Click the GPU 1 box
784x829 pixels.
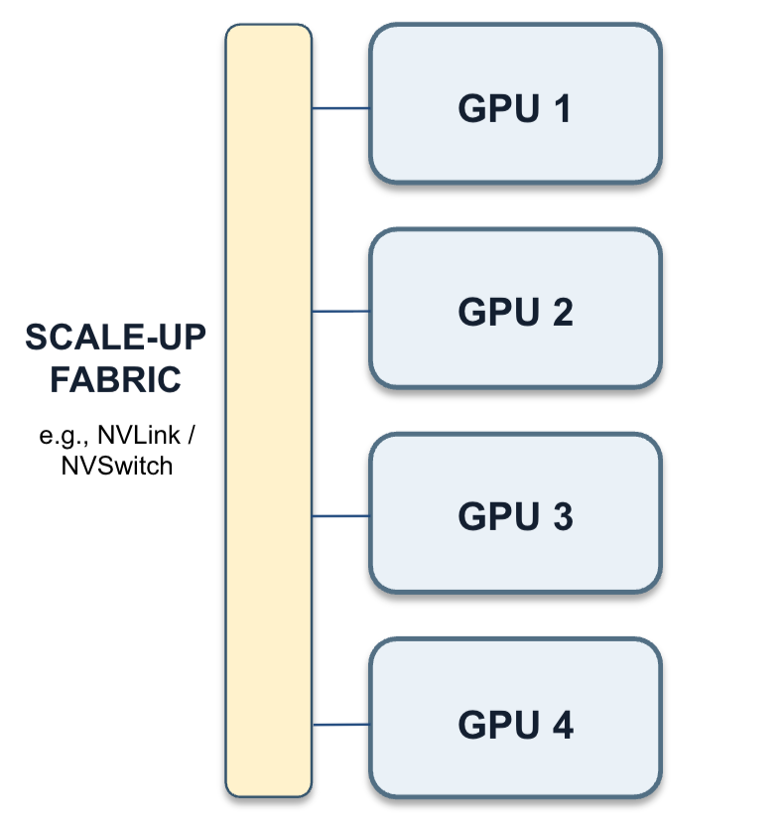(515, 103)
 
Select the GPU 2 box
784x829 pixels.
(515, 308)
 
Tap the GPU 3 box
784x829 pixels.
(515, 513)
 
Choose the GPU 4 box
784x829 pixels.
(515, 718)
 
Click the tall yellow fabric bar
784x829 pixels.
(269, 410)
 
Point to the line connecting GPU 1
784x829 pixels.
(341, 108)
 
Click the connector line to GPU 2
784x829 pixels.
(341, 312)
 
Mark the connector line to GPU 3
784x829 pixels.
(341, 515)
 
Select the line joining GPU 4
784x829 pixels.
(341, 725)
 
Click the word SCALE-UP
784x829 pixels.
(116, 338)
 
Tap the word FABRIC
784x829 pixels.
(116, 379)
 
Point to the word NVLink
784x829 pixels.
(139, 435)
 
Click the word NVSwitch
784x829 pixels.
(117, 466)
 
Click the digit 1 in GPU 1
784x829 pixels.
(563, 108)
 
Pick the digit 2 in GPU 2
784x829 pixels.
(563, 312)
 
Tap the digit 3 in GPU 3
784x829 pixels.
(563, 516)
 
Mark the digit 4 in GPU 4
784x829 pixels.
(563, 725)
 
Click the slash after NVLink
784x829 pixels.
(192, 435)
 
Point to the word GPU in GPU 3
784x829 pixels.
(499, 516)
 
